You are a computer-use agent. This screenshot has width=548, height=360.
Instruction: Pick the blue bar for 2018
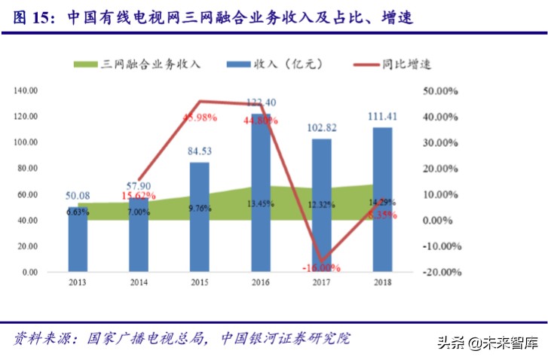pos(382,200)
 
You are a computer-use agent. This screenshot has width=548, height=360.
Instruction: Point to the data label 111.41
pos(382,117)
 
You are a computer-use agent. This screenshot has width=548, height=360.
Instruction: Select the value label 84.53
pos(199,151)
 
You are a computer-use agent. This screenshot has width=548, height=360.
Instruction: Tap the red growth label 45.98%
pos(199,117)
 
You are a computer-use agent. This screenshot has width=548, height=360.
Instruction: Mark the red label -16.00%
pos(322,267)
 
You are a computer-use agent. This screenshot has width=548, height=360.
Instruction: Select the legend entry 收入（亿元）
pos(287,64)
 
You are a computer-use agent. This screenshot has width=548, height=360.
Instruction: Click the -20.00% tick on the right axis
pos(438,272)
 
